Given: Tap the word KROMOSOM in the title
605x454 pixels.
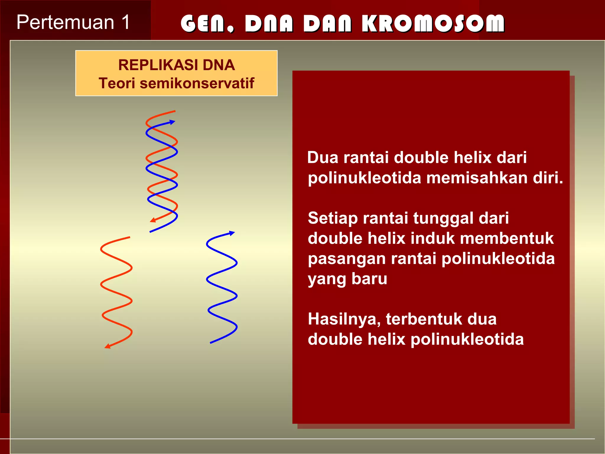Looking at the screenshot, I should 433,23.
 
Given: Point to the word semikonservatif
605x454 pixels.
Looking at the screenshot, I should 197,83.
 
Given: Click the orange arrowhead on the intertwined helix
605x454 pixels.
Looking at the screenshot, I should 153,220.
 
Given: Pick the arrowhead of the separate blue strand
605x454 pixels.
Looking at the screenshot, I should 232,233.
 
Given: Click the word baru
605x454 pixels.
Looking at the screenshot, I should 369,279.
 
